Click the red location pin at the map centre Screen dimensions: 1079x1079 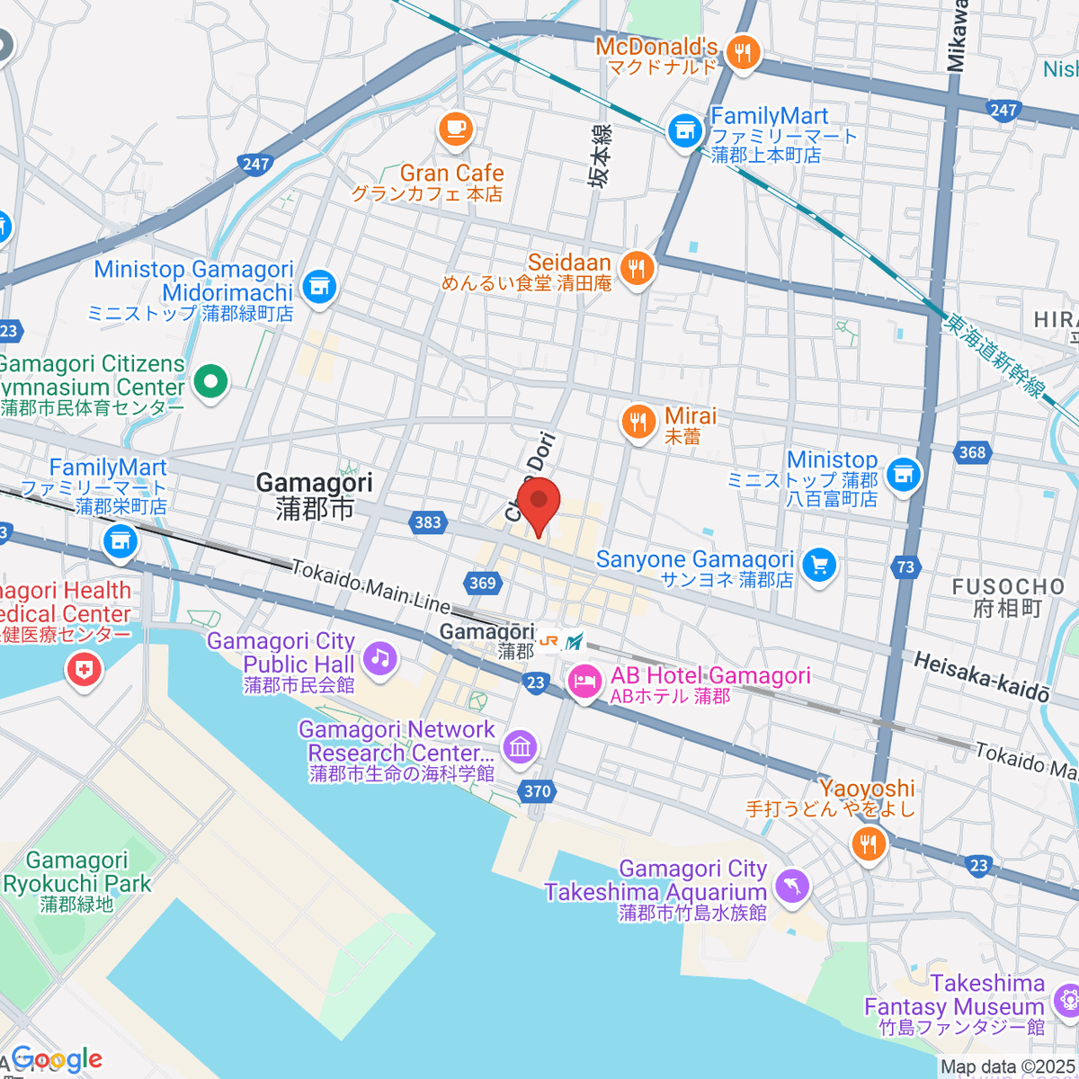(x=539, y=504)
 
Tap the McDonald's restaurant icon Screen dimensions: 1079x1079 (x=742, y=53)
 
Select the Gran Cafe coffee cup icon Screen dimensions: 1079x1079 (x=456, y=128)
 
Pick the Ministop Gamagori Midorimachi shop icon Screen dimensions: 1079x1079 (x=317, y=287)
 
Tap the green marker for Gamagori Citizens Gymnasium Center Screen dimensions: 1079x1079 (x=210, y=381)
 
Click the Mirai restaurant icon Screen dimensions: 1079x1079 (x=638, y=422)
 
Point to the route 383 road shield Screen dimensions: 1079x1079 (x=428, y=522)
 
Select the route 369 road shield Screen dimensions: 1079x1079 (x=483, y=583)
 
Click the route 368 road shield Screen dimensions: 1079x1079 (x=972, y=452)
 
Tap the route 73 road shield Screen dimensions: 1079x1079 (x=905, y=566)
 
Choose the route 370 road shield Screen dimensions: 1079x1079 (x=537, y=791)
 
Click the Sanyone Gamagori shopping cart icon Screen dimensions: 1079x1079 (x=818, y=566)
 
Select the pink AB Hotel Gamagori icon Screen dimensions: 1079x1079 (x=585, y=682)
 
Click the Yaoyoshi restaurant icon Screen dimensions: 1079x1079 (x=868, y=843)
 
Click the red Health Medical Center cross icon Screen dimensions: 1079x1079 (x=84, y=668)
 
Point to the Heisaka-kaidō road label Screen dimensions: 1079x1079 (x=981, y=677)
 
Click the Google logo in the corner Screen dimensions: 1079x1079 (x=56, y=1059)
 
